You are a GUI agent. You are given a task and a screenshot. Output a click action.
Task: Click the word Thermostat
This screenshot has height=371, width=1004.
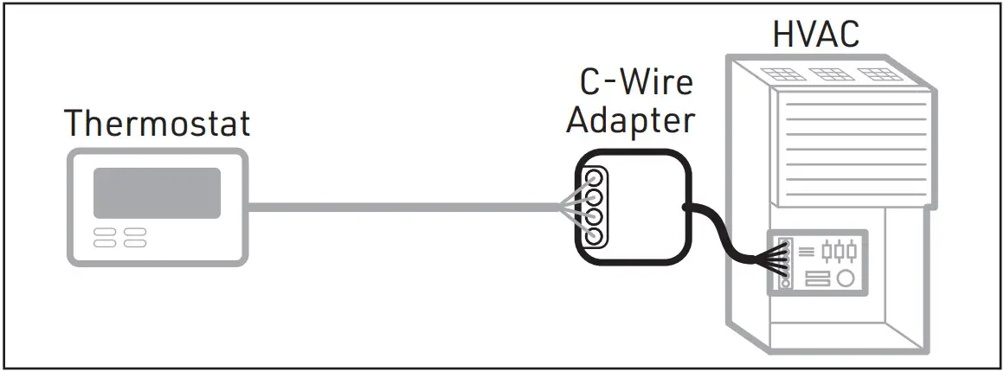[158, 124]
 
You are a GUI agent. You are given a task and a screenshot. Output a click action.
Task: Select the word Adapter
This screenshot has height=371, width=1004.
[630, 120]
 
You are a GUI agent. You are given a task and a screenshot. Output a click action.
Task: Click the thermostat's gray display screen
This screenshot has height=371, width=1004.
[157, 192]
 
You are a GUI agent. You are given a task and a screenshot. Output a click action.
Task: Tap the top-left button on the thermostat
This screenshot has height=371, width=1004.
[105, 232]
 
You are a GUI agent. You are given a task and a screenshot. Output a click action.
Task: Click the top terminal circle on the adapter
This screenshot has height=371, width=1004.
[594, 179]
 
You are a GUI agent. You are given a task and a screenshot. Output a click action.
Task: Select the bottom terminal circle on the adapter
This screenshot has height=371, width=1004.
[594, 233]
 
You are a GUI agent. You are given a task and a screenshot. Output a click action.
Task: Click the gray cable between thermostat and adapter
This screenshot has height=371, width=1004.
[398, 207]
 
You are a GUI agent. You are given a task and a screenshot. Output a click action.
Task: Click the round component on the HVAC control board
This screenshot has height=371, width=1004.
[845, 278]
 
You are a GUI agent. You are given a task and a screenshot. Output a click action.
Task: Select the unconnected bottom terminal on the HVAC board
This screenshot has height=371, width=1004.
[785, 282]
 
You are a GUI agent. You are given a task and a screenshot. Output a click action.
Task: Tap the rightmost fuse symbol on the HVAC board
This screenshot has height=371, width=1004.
[852, 251]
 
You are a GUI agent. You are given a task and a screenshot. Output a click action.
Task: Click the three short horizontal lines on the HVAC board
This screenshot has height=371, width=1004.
[805, 251]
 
